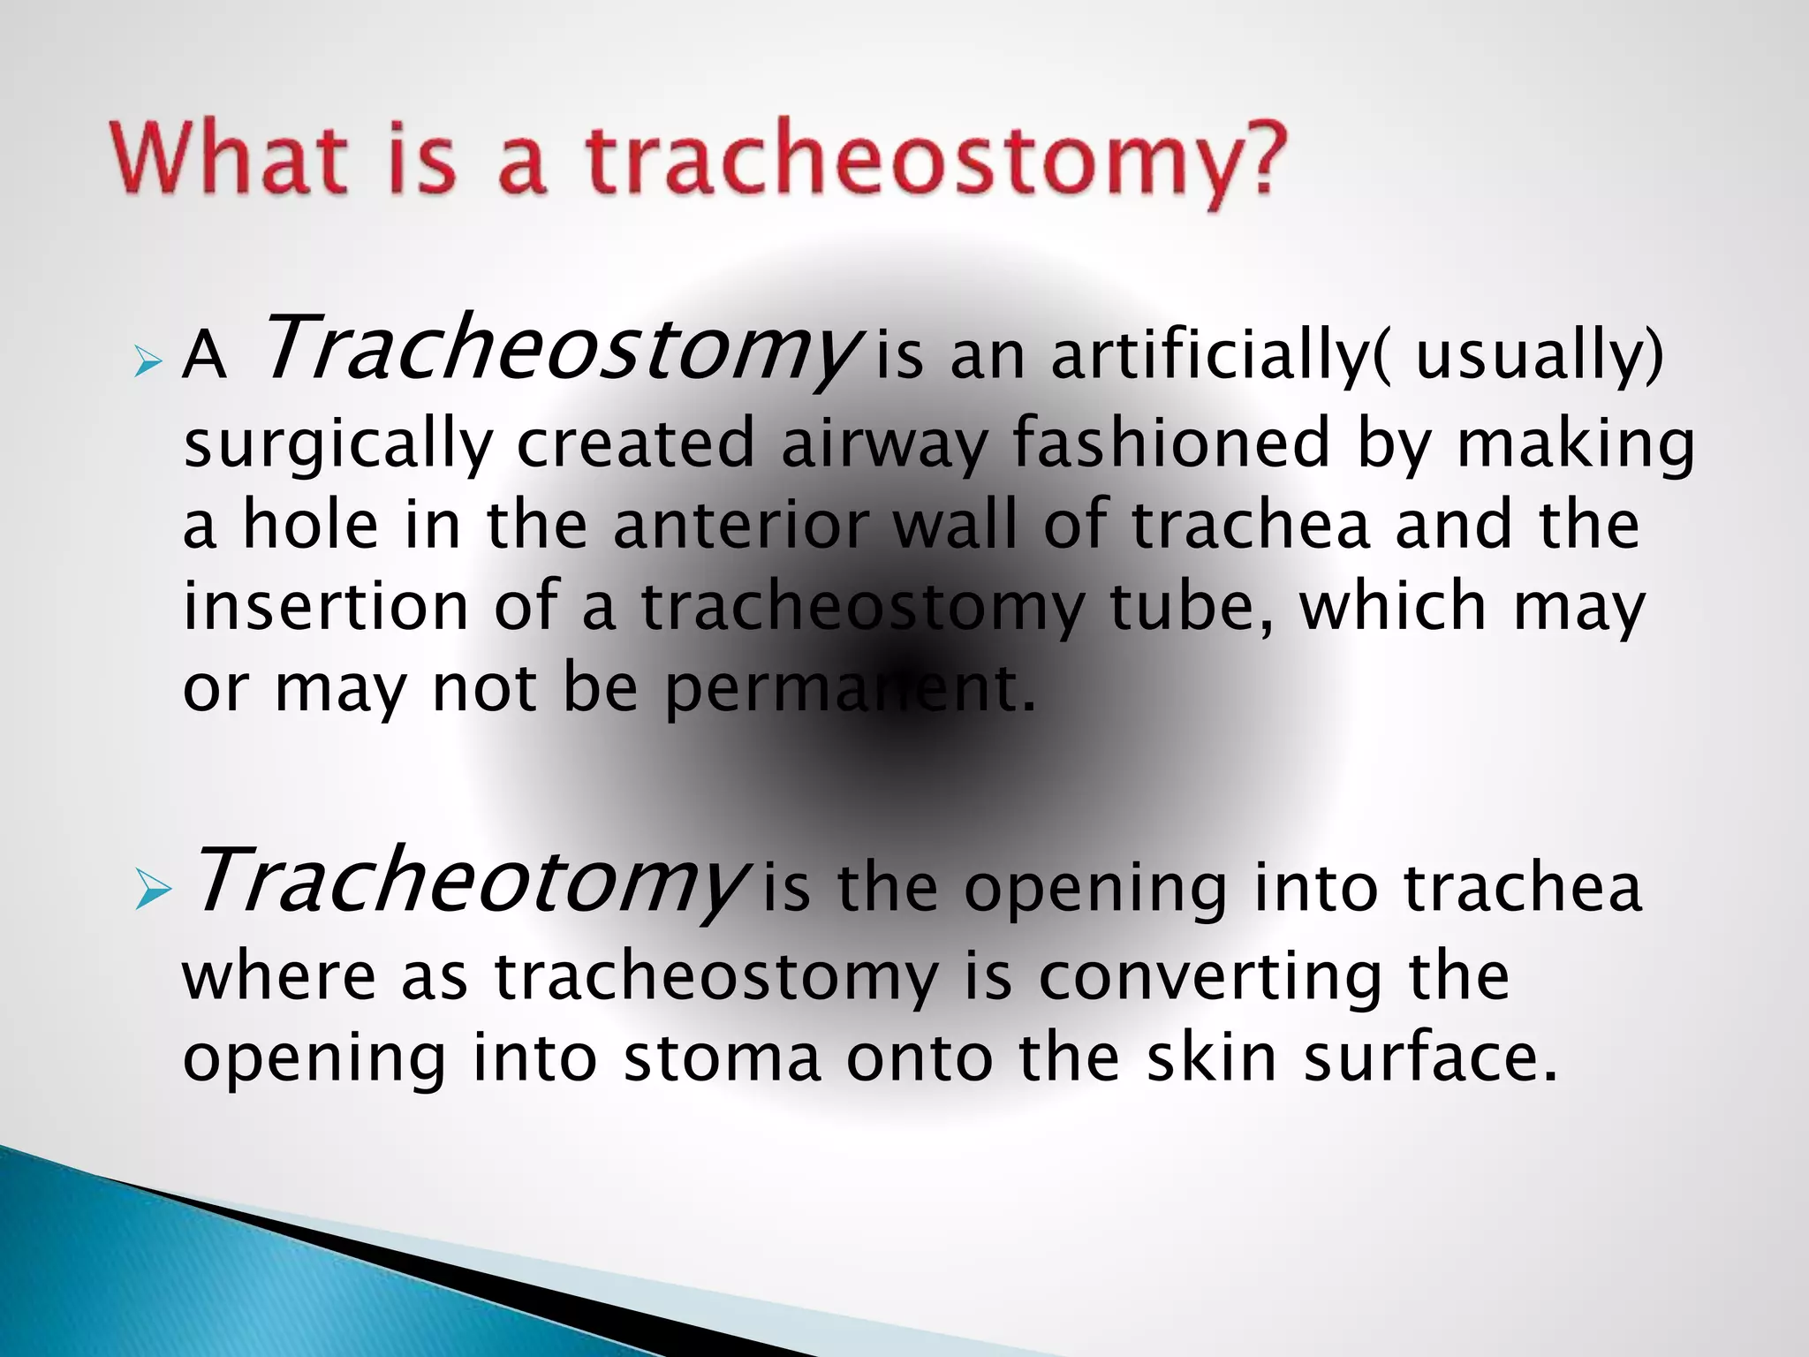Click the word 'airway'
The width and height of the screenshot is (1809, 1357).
883,443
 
